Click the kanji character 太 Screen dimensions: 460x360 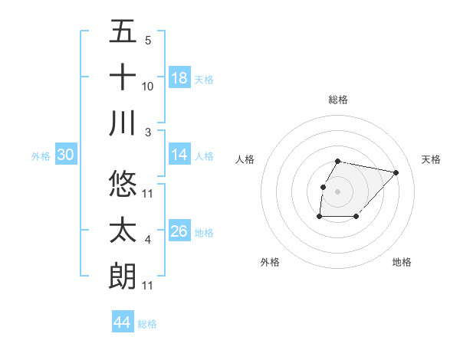(123, 231)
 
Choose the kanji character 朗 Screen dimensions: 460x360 (123, 276)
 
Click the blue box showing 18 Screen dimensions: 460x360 (179, 77)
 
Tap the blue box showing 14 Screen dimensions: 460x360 (179, 155)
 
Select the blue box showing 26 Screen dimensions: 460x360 (179, 231)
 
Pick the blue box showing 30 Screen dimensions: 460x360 (66, 155)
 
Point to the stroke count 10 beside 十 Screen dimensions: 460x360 (148, 87)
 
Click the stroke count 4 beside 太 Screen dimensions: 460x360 (148, 241)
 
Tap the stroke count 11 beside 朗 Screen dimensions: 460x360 (148, 286)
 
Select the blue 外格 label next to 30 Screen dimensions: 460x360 (41, 155)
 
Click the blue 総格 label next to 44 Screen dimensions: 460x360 (147, 323)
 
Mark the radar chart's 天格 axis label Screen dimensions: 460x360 (432, 159)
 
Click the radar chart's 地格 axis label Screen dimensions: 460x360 (402, 262)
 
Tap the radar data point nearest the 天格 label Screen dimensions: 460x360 (396, 173)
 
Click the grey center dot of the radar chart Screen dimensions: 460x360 (338, 191)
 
